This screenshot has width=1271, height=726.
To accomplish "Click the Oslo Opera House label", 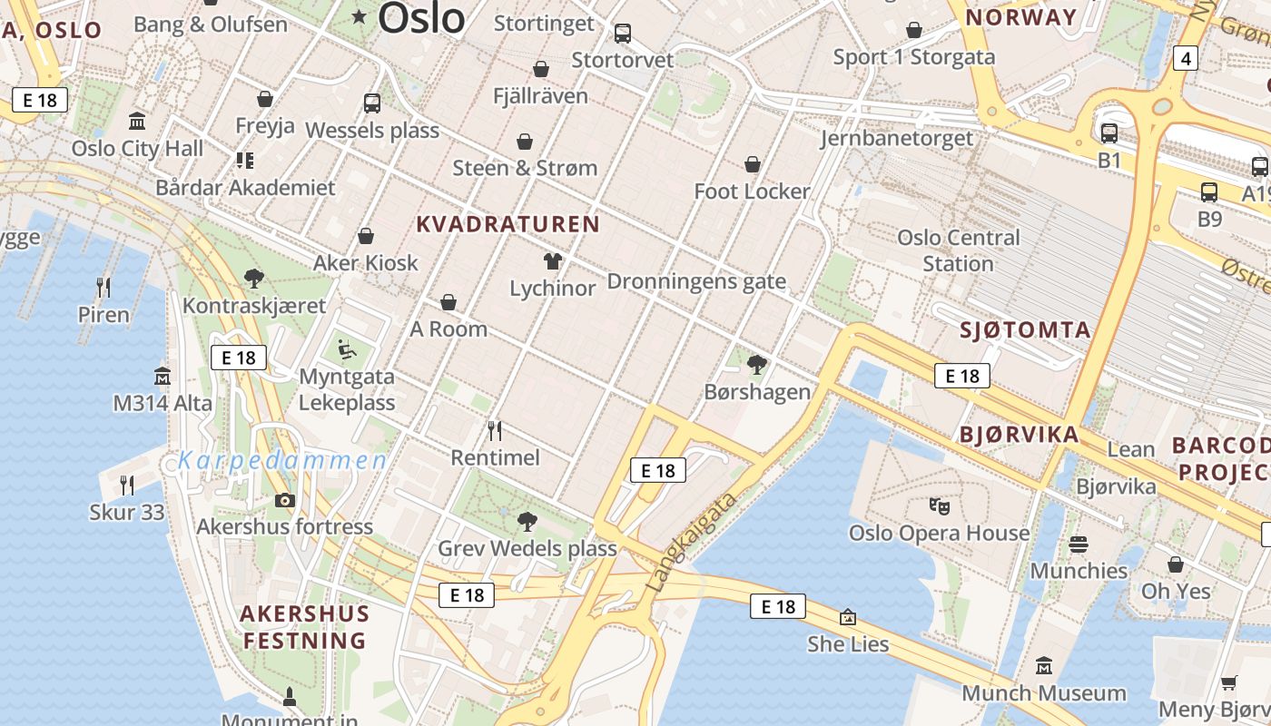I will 939,533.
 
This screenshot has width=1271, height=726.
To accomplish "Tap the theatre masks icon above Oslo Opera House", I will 939,505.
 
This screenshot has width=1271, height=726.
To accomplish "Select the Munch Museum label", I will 1044,693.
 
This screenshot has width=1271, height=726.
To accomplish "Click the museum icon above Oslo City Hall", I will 137,121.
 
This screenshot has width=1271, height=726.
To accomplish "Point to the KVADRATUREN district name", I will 508,224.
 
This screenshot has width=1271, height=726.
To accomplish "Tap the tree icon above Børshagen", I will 756,365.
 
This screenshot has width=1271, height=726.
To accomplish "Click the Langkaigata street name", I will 691,544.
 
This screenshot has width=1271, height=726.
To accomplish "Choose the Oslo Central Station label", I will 958,250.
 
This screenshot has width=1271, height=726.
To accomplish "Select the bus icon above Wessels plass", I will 372,103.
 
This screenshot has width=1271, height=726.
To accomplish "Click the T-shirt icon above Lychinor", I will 552,262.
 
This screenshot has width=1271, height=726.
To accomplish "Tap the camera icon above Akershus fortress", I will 285,500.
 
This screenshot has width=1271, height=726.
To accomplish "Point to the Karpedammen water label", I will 282,461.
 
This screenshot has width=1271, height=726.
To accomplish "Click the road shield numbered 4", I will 1185,59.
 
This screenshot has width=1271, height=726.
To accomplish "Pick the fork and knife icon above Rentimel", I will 495,430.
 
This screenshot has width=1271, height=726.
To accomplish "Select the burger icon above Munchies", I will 1079,544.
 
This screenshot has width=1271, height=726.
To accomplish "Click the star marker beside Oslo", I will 360,15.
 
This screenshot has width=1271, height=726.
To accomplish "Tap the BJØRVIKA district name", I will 1020,435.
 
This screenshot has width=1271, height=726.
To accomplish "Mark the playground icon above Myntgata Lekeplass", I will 346,349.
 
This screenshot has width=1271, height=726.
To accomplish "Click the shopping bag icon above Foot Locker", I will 752,164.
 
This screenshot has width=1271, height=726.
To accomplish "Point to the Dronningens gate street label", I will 696,281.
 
